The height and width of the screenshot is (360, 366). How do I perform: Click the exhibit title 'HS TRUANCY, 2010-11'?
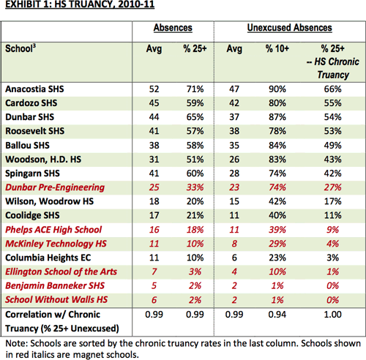[x=105, y=4]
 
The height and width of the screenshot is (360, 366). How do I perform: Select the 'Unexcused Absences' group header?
[x=290, y=28]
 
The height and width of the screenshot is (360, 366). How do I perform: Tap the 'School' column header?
[x=20, y=48]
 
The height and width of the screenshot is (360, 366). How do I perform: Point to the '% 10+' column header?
[x=277, y=48]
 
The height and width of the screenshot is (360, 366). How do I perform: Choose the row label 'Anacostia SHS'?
[x=34, y=89]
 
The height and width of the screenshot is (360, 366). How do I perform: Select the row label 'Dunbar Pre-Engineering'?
[x=55, y=187]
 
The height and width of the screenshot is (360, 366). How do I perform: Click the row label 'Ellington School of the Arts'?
[x=61, y=271]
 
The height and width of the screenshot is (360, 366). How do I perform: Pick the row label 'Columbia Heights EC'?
[x=48, y=258]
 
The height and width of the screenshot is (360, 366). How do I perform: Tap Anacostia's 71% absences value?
[x=195, y=89]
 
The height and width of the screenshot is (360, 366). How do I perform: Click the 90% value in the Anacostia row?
[x=277, y=89]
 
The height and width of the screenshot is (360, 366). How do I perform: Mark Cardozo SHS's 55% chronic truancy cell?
[x=332, y=103]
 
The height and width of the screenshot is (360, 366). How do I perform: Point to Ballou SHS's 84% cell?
[x=277, y=146]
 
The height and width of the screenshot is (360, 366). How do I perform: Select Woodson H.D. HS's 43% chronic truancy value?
[x=332, y=160]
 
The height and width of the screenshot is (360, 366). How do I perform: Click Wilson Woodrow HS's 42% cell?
[x=277, y=201]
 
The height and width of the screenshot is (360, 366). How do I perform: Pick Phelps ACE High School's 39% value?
[x=277, y=230]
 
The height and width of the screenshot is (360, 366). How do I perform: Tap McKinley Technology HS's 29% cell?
[x=277, y=244]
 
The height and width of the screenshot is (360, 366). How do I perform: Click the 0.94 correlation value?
[x=277, y=315]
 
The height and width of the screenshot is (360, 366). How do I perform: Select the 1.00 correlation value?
[x=332, y=315]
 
